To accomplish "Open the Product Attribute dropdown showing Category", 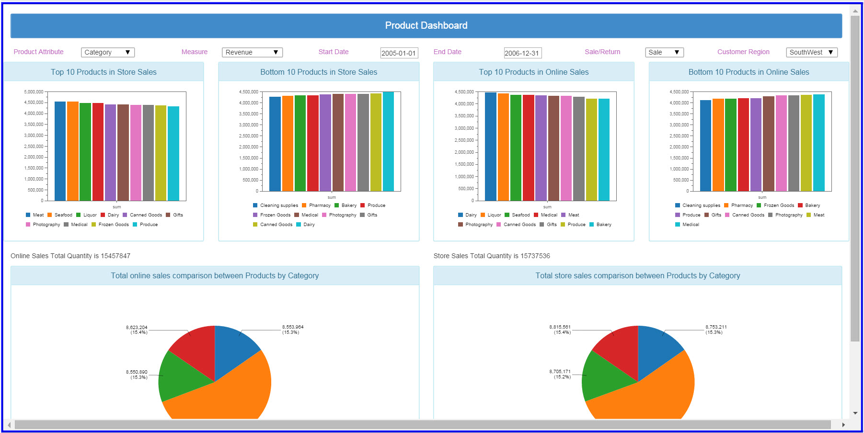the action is (x=108, y=52).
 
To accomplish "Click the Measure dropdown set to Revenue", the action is (x=252, y=52).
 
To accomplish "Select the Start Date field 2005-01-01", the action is (x=399, y=53).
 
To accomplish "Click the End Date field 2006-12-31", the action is (x=523, y=53).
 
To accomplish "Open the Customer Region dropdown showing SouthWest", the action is (x=812, y=52).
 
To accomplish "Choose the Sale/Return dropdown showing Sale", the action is (x=664, y=52).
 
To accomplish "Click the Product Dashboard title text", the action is (x=426, y=25).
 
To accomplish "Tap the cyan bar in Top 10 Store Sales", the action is (x=173, y=153).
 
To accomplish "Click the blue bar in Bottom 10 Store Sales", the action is (x=275, y=144).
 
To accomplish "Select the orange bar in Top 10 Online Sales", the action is (x=503, y=147).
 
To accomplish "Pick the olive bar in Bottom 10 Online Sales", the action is (x=806, y=143).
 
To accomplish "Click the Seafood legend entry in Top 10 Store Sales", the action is (x=60, y=215).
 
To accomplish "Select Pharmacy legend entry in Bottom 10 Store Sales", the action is (x=316, y=205).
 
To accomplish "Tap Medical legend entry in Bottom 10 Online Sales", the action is (x=687, y=225).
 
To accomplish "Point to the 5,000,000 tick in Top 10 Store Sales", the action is (x=34, y=91).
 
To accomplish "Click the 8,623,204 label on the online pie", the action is (x=137, y=328).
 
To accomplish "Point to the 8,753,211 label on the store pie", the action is (x=716, y=327).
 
